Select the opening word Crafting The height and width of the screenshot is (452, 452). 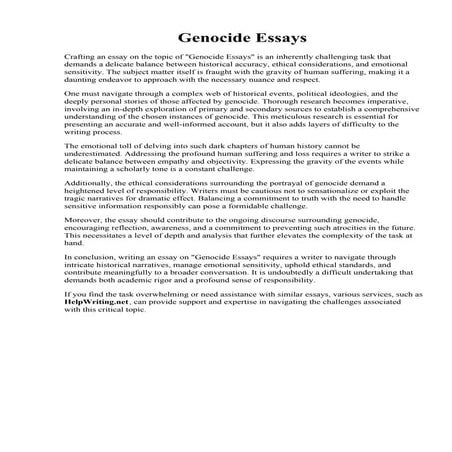(x=79, y=59)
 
